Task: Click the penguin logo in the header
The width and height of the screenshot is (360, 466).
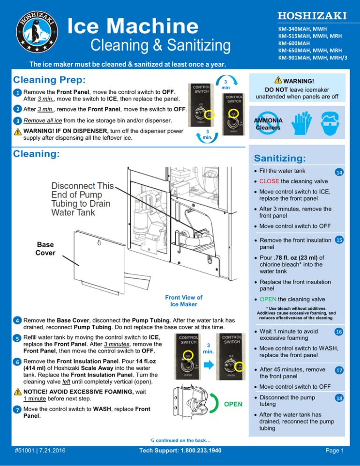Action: click(37, 31)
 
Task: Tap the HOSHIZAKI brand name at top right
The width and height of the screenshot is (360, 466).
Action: click(312, 16)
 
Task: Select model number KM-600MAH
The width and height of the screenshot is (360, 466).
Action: click(294, 43)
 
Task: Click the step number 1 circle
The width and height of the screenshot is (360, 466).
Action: click(17, 92)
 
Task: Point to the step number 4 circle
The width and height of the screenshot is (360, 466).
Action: click(17, 321)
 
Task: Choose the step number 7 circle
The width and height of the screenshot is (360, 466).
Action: click(17, 410)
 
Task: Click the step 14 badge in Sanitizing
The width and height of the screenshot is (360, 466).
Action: click(339, 172)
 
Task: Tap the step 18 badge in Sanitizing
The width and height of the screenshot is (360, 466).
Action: click(339, 398)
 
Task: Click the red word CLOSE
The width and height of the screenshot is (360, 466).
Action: click(269, 181)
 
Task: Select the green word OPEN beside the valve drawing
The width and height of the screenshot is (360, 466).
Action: click(233, 404)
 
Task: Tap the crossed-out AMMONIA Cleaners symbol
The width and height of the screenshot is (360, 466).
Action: click(268, 123)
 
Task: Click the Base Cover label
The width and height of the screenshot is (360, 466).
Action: click(45, 249)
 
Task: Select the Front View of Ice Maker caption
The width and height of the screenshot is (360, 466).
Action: click(184, 301)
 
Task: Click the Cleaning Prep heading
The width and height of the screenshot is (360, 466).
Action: click(49, 80)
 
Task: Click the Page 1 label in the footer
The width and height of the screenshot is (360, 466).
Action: click(334, 451)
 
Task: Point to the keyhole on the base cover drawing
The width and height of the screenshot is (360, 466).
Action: click(99, 243)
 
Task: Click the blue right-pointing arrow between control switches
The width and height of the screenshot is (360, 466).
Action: click(209, 365)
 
